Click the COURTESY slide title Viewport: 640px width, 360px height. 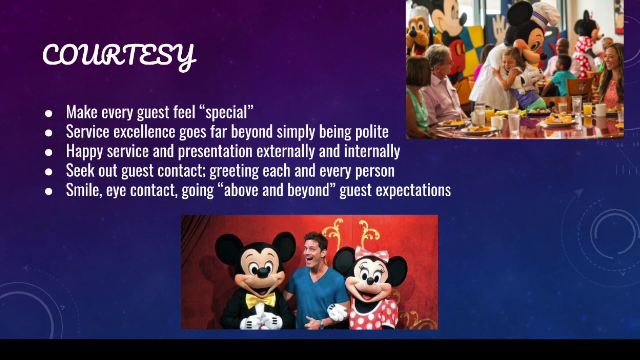(x=119, y=55)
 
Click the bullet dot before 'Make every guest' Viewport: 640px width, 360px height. (x=48, y=113)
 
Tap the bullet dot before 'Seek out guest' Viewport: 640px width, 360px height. (x=48, y=172)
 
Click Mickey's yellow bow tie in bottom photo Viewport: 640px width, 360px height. (x=260, y=300)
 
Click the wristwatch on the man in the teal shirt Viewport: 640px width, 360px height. (x=322, y=323)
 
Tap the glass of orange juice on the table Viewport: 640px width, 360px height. (x=587, y=109)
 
